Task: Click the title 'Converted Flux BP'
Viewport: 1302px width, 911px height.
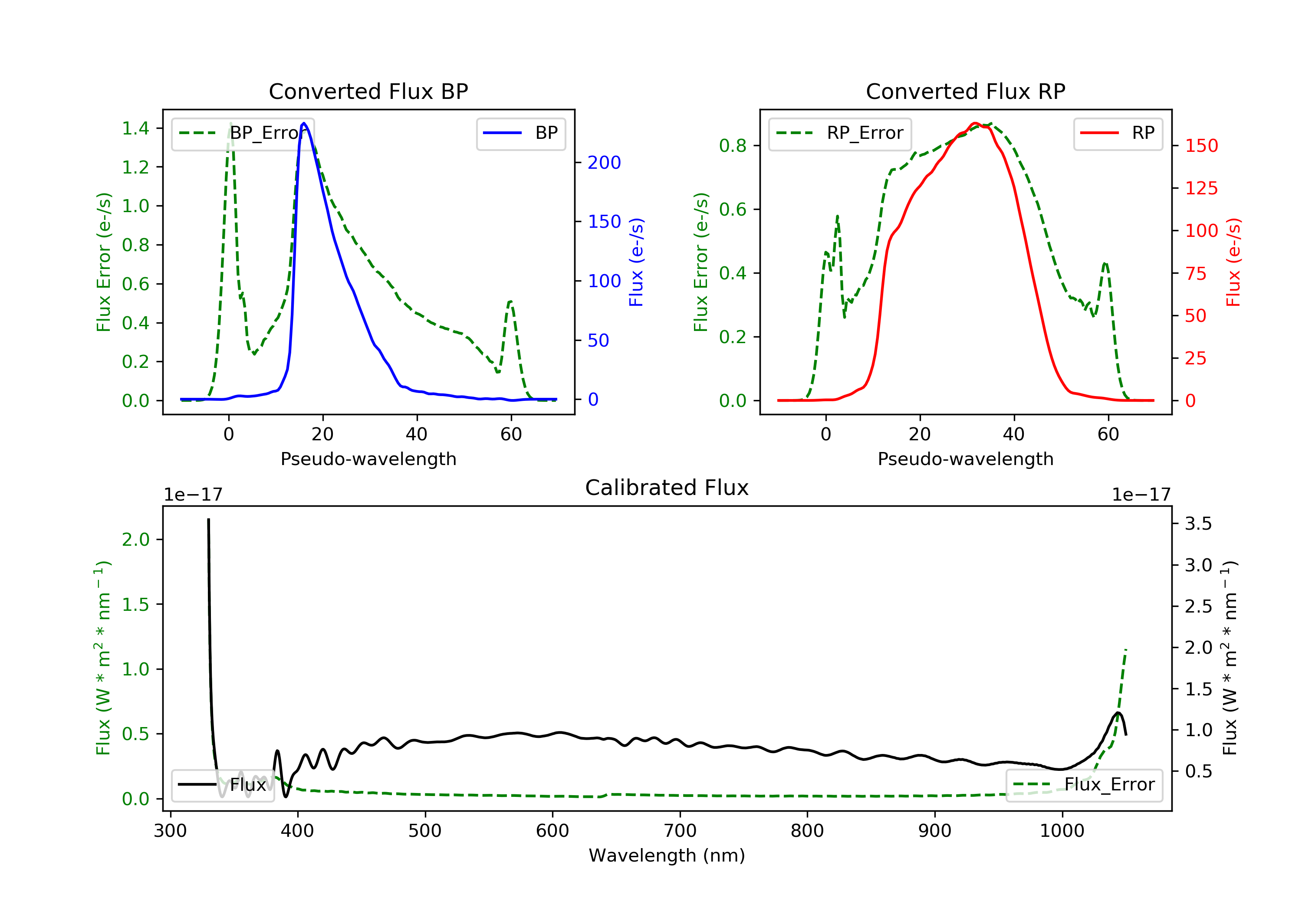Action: (x=368, y=91)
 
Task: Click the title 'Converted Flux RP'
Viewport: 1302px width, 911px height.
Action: (x=965, y=91)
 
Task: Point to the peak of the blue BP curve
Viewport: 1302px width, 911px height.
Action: (x=304, y=123)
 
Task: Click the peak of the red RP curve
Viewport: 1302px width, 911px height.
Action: (x=975, y=123)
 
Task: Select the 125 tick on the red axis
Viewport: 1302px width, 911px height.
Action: (x=1201, y=188)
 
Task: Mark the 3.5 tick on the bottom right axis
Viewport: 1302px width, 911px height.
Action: (x=1198, y=523)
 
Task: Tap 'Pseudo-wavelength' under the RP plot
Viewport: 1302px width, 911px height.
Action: (x=965, y=459)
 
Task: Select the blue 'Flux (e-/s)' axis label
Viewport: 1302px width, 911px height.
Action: (x=636, y=262)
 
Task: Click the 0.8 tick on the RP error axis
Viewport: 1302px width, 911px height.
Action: (x=733, y=146)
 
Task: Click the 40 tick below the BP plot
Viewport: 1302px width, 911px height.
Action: (x=417, y=434)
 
